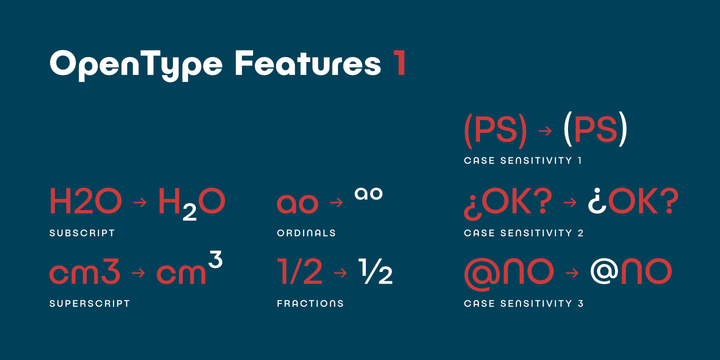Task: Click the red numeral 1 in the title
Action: (x=398, y=65)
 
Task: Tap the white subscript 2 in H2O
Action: (x=187, y=212)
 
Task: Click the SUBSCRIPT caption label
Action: (x=82, y=233)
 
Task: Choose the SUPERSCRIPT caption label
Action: (x=89, y=302)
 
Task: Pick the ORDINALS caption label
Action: (x=306, y=233)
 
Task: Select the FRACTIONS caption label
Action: (x=310, y=302)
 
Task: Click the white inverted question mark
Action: (x=598, y=203)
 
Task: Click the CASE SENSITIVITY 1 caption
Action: (x=523, y=160)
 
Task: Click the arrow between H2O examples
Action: (x=140, y=203)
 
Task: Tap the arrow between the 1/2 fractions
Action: (x=341, y=272)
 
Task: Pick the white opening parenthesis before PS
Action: (x=567, y=130)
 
